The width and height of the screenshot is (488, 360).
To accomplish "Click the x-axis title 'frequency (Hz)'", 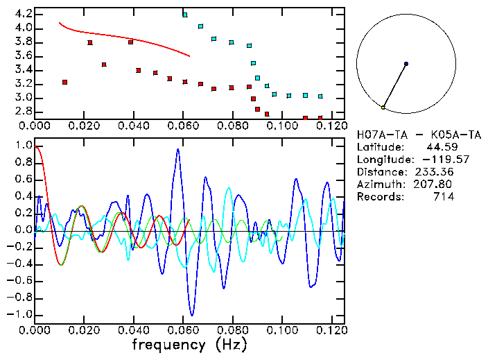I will pos(189,344).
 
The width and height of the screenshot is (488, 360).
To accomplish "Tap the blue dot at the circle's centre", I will pos(406,64).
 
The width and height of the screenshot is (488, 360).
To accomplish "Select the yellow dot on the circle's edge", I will pos(383,108).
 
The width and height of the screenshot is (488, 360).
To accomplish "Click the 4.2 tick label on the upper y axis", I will pos(24,14).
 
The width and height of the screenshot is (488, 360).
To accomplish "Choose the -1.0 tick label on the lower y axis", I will pos(21,314).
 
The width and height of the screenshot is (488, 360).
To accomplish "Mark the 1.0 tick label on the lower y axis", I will pos(24,146).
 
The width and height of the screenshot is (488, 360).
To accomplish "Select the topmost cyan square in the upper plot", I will pos(184,15).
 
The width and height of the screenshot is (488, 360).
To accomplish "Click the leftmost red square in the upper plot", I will pos(64,82).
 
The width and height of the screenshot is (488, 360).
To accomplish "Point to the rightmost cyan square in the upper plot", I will pos(320,96).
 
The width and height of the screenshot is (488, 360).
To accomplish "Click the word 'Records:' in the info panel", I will pos(380,197).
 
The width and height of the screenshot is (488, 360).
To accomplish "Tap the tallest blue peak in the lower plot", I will pos(178,150).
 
